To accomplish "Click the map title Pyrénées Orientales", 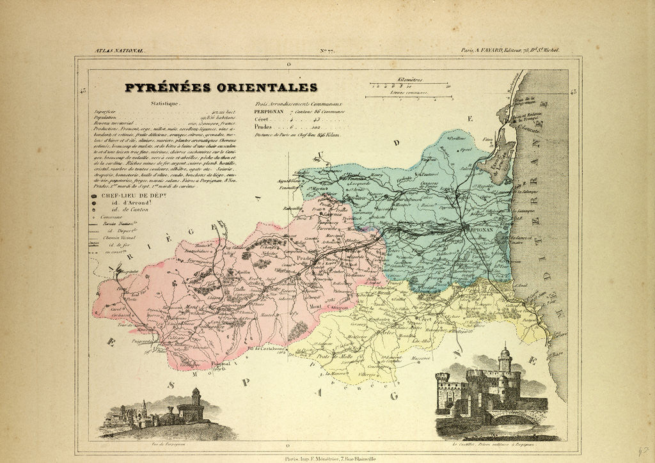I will tap(220, 88).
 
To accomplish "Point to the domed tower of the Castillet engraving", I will tap(505, 359).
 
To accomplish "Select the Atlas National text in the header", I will tap(120, 51).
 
